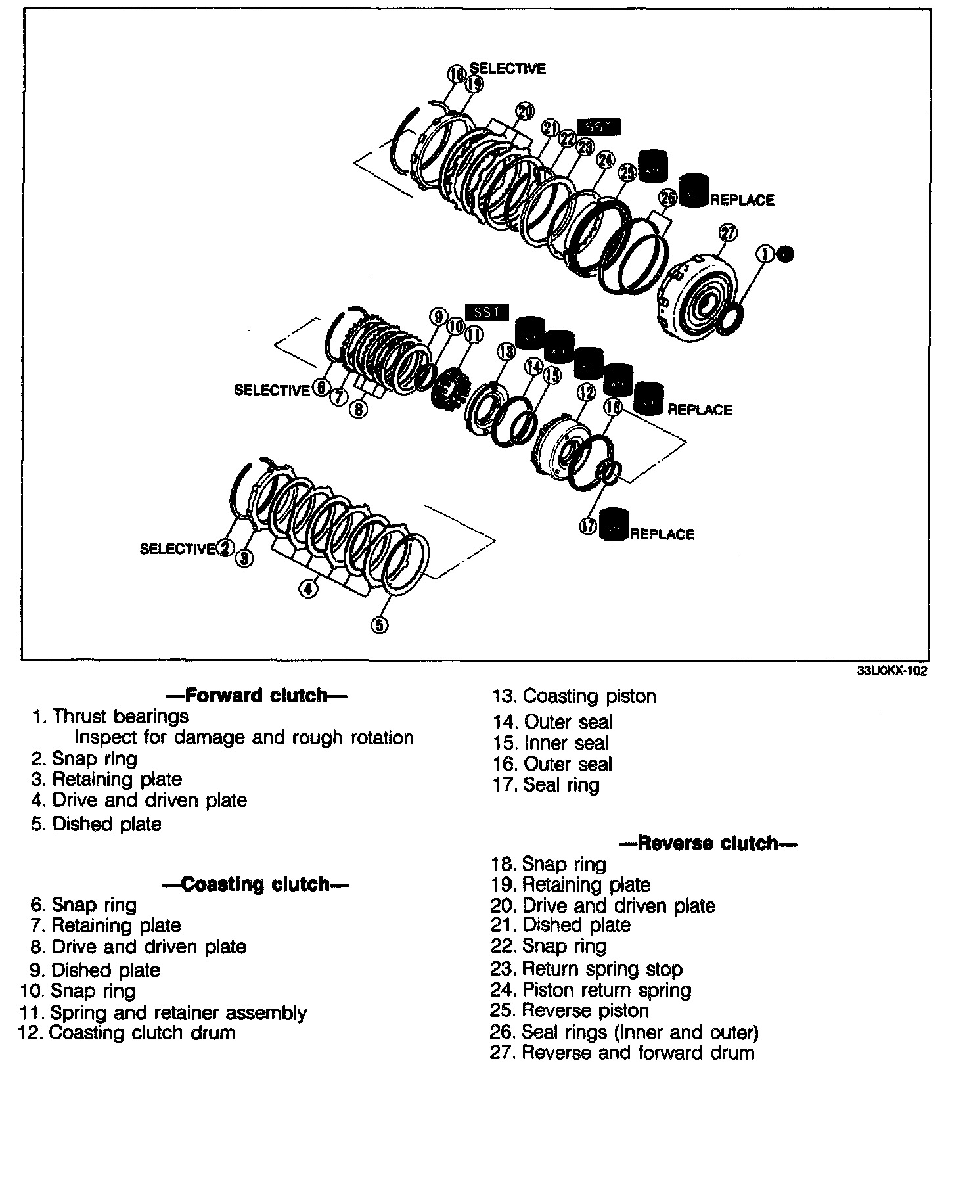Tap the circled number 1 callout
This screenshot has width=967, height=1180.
pyautogui.click(x=765, y=254)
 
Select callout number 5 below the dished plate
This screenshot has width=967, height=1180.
pyautogui.click(x=379, y=625)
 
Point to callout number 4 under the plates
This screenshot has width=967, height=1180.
pyautogui.click(x=307, y=590)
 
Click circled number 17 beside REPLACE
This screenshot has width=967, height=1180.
pyautogui.click(x=588, y=527)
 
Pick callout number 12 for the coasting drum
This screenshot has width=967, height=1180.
pyautogui.click(x=585, y=393)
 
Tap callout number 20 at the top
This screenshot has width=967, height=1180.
pyautogui.click(x=525, y=112)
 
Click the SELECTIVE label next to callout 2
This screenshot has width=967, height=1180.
pyautogui.click(x=177, y=549)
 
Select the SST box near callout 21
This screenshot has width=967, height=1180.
pyautogui.click(x=598, y=127)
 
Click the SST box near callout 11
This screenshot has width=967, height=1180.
pyautogui.click(x=486, y=313)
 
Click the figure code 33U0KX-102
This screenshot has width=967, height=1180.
pyautogui.click(x=891, y=672)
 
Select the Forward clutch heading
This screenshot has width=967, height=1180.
pyautogui.click(x=255, y=695)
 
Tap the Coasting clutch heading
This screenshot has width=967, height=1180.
pyautogui.click(x=255, y=884)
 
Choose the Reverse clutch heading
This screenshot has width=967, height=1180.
pyautogui.click(x=708, y=843)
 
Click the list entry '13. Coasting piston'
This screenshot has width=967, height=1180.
pyautogui.click(x=574, y=696)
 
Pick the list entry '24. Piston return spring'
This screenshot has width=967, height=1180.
pyautogui.click(x=591, y=990)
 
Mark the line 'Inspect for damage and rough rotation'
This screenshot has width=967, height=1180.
pyautogui.click(x=244, y=738)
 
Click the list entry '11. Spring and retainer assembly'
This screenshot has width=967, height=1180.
pyautogui.click(x=164, y=1012)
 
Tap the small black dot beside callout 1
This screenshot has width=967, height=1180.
pyautogui.click(x=786, y=254)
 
